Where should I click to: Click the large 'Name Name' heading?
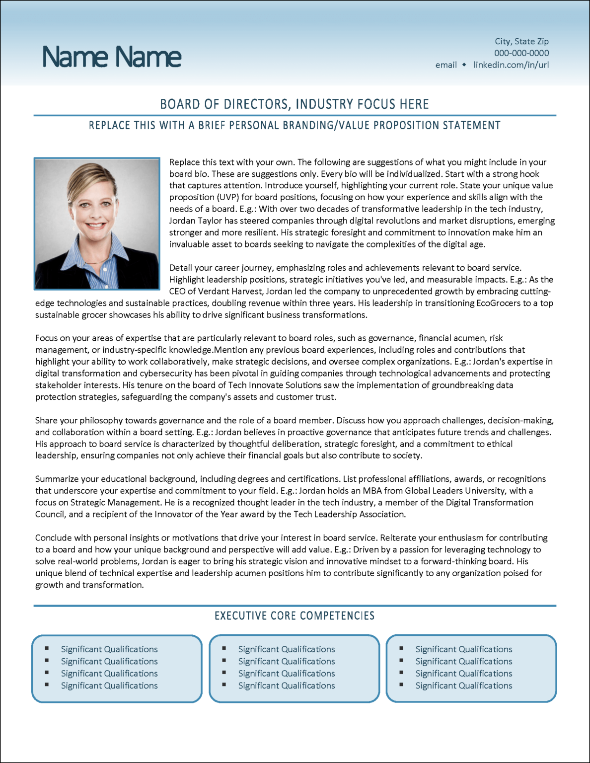(112, 57)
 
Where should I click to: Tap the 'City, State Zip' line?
(521, 41)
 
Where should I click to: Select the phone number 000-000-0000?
(521, 53)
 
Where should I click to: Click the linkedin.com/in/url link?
(511, 65)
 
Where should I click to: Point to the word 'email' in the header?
(446, 65)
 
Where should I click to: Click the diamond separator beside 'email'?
(464, 65)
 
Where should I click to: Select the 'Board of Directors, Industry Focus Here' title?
(295, 104)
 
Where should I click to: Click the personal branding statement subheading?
(295, 125)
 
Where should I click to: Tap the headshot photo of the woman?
(97, 224)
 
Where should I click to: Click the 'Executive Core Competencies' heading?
(295, 616)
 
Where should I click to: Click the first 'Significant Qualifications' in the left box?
(109, 649)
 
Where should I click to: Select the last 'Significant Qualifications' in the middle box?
(287, 686)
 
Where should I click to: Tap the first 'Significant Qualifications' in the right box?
(464, 649)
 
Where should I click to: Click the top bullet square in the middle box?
(224, 648)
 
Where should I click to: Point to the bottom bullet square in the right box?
(402, 685)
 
